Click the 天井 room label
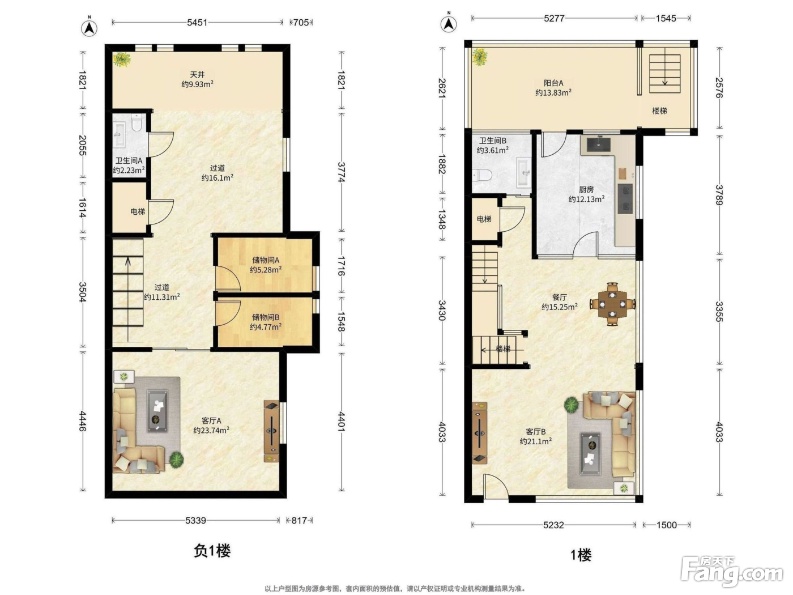coord(197,75)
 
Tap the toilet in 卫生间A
coord(136,122)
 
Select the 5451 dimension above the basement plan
coord(197,23)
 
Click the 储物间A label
coord(266,260)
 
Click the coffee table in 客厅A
coord(157,410)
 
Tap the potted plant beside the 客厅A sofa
coord(177,459)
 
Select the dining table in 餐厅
coord(612,304)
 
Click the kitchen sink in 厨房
coord(598,144)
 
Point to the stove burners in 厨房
coord(625,198)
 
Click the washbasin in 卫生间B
coord(523,173)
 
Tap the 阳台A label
coord(553,83)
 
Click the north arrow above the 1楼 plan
coord(449,23)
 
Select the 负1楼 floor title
coord(212,551)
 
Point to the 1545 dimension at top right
coord(666,18)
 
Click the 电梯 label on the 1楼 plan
coord(484,219)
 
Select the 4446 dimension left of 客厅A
coord(83,421)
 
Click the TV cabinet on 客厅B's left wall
coord(479,433)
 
